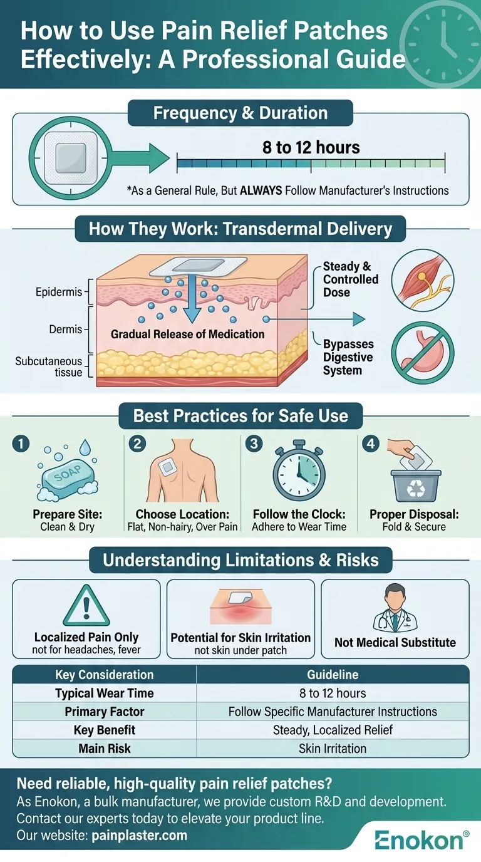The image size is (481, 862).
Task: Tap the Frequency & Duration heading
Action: [x=240, y=113]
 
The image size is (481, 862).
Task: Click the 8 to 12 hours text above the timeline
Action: [x=311, y=148]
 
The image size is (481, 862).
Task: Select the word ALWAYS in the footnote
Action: [x=261, y=190]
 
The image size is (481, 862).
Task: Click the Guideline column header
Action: [x=333, y=675]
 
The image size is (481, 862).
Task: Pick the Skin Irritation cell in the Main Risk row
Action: [x=333, y=748]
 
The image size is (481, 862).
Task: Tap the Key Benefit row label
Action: [x=105, y=730]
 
